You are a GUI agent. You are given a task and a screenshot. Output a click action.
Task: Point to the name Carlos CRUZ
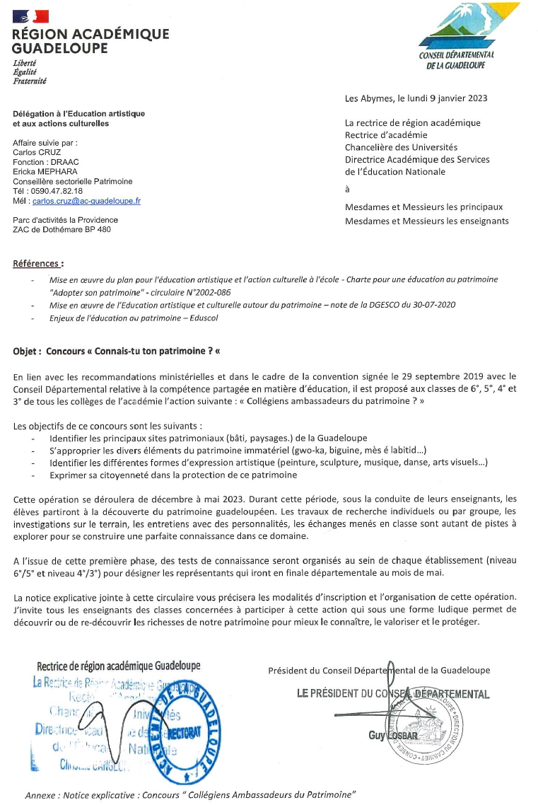tap(37, 151)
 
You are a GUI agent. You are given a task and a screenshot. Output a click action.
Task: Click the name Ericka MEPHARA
tap(45, 171)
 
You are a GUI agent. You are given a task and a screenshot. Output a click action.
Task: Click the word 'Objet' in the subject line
tap(26, 351)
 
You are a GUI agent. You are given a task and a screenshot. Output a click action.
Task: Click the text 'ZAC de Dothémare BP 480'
tap(62, 229)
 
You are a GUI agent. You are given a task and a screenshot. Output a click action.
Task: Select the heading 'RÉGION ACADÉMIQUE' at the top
tap(90, 34)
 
